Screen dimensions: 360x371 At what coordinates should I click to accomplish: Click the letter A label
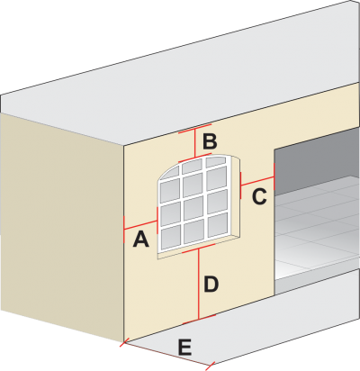coord(140,240)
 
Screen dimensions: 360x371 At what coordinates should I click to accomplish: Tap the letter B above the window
coord(210,141)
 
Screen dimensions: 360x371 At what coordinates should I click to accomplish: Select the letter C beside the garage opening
coord(259,197)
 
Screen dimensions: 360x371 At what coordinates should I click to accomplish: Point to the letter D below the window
coord(211,284)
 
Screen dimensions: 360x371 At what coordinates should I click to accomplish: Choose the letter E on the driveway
coord(184,348)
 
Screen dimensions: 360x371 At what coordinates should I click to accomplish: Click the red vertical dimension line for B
coord(195,142)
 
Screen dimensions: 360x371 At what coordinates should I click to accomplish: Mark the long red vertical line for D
coord(199,284)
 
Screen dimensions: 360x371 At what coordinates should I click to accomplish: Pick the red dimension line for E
coord(166,354)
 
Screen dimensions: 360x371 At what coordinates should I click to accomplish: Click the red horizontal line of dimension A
coord(140,225)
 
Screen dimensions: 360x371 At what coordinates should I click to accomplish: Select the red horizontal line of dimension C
coord(257,181)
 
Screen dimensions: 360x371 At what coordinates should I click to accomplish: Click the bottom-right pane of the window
coord(217,224)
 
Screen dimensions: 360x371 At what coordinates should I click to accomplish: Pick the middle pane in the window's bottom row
coord(193,231)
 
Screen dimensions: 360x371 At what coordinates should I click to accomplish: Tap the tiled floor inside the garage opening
coord(318,227)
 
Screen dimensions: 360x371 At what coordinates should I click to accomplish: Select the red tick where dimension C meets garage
coord(274,176)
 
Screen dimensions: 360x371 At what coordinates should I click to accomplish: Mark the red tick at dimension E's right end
coord(210,366)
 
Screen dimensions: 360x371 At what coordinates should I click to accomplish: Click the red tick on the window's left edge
coord(157,221)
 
